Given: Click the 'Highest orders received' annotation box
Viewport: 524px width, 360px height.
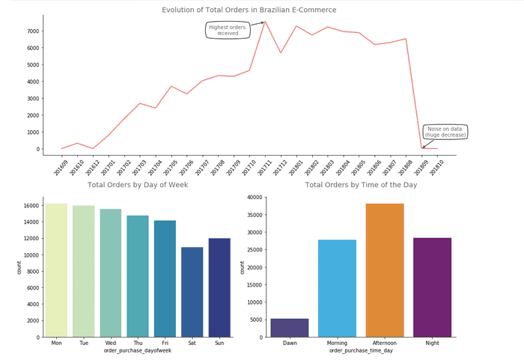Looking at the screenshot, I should tap(228, 31).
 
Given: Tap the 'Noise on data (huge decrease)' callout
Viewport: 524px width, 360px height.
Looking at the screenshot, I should tap(445, 132).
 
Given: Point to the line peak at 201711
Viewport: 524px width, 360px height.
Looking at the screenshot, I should tap(264, 21).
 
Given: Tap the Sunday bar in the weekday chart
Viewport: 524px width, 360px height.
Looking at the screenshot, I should tap(219, 287).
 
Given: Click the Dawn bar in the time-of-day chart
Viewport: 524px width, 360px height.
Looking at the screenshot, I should tap(290, 328).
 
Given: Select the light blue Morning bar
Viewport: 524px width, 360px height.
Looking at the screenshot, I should tap(337, 288).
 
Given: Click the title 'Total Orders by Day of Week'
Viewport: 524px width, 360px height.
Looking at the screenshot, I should tap(137, 185).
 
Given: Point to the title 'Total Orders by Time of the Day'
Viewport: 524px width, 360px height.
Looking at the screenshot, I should tap(362, 185).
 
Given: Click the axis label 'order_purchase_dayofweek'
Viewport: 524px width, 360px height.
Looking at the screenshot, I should tap(138, 351).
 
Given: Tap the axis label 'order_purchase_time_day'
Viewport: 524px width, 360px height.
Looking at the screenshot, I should tap(362, 351).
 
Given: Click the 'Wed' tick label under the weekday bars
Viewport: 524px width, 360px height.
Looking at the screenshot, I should tap(110, 344).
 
